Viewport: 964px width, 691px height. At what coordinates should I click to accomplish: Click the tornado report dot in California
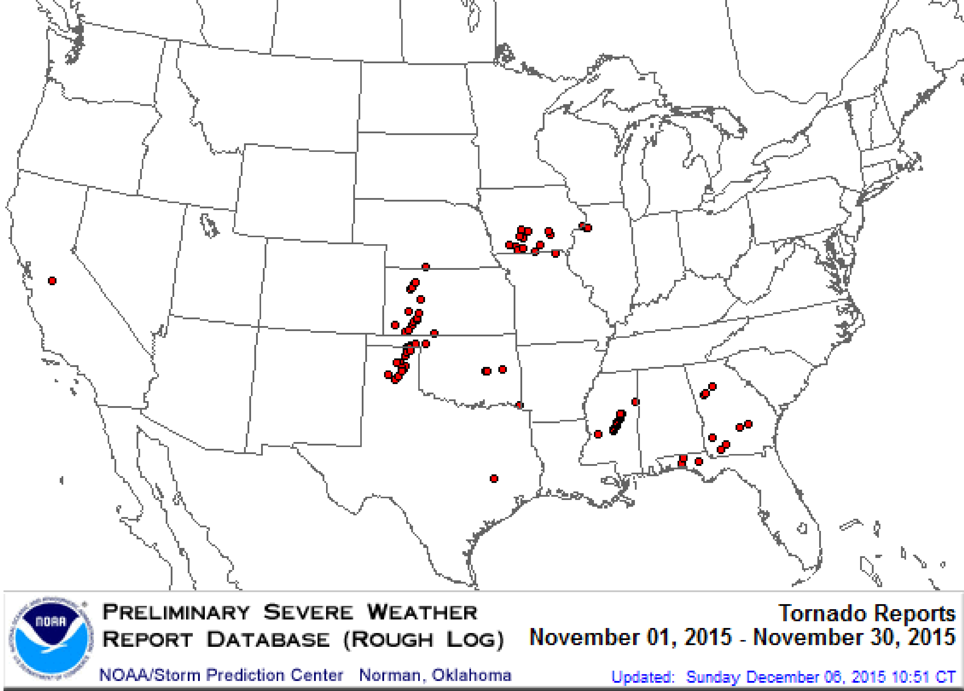click(52, 280)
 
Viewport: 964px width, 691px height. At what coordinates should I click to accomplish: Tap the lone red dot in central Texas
click(494, 478)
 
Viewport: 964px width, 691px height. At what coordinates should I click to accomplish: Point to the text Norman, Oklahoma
click(435, 675)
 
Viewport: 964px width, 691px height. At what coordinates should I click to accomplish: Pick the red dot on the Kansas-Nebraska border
click(426, 267)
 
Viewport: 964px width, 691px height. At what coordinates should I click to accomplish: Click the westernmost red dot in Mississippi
click(598, 434)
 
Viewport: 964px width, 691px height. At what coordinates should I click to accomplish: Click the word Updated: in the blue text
click(643, 676)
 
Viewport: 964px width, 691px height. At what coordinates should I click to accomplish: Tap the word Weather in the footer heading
click(422, 612)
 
